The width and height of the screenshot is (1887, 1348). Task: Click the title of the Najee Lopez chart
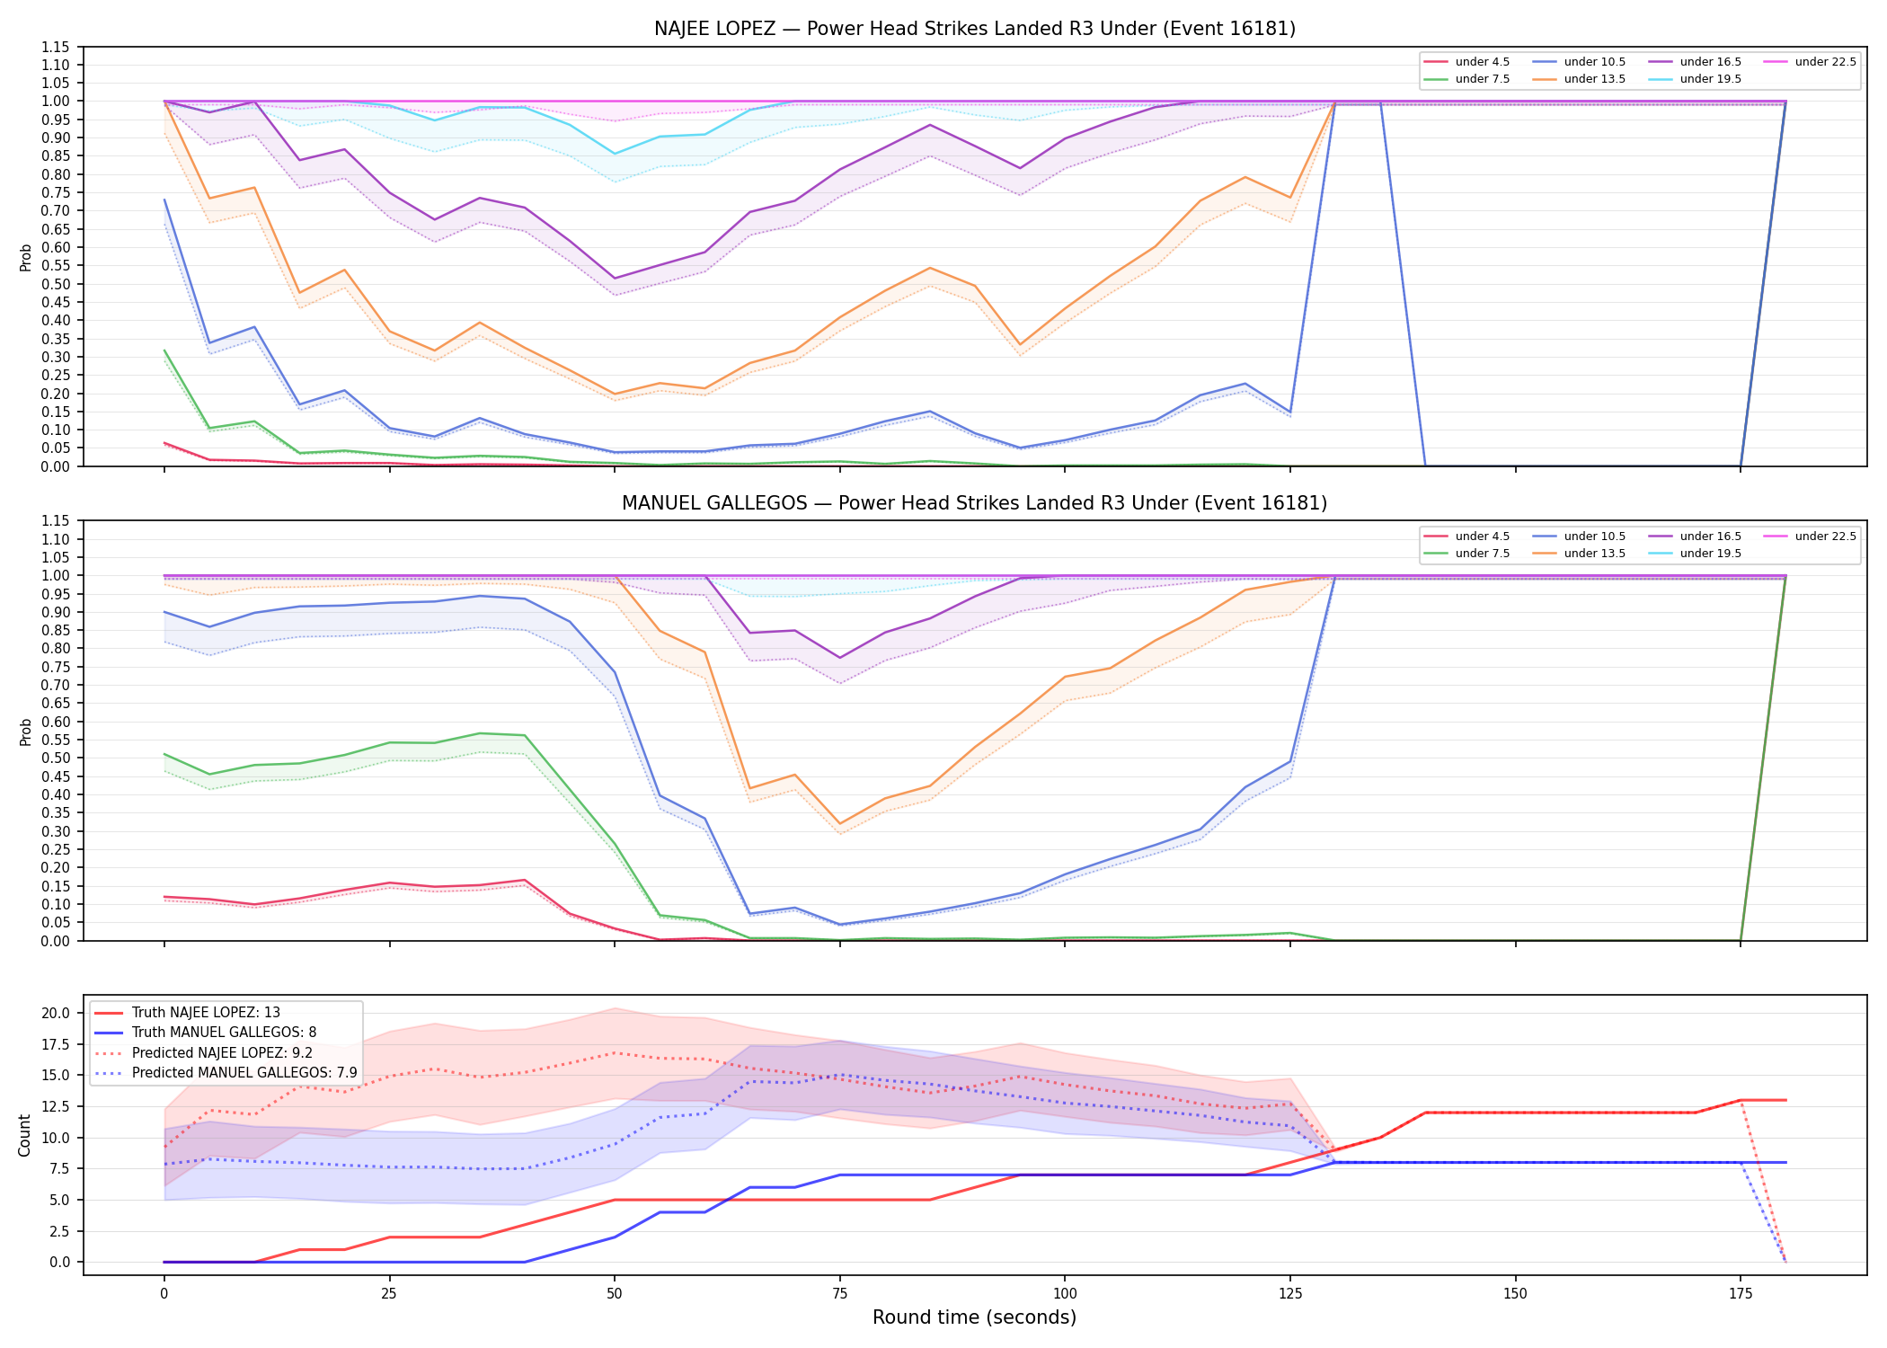click(974, 29)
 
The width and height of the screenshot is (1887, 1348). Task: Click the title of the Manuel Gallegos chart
click(974, 503)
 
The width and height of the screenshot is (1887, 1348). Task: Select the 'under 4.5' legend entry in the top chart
click(1467, 62)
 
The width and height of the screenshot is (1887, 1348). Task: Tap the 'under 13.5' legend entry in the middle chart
click(1579, 554)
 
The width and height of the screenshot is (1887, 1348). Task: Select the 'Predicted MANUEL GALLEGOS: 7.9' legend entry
click(226, 1073)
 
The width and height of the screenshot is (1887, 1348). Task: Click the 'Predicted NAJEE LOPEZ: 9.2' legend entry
click(203, 1053)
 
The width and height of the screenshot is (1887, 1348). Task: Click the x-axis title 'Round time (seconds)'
click(974, 1317)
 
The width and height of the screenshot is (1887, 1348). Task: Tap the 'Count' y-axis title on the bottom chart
click(24, 1135)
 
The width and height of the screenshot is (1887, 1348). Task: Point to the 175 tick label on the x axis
click(1741, 1294)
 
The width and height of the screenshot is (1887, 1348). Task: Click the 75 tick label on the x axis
click(839, 1294)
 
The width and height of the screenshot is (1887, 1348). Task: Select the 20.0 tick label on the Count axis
click(56, 1013)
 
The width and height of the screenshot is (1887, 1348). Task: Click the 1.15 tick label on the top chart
click(56, 47)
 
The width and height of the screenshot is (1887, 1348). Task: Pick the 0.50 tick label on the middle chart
click(56, 758)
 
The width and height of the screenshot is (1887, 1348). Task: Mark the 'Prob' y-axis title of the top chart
click(25, 257)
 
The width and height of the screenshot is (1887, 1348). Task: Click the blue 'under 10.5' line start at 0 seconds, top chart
click(164, 200)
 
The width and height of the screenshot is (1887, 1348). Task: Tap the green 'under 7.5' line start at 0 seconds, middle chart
click(164, 754)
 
